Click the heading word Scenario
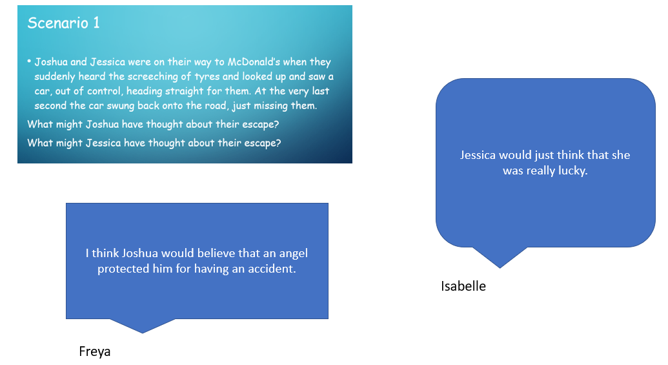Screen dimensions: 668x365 (58, 23)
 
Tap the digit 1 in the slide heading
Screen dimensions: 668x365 (96, 23)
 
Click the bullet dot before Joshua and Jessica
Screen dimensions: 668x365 (30, 61)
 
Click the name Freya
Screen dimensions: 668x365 (95, 351)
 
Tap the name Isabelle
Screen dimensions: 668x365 (463, 286)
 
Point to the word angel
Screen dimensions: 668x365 (293, 253)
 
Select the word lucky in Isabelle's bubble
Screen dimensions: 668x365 (573, 171)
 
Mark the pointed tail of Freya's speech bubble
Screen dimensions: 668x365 (143, 333)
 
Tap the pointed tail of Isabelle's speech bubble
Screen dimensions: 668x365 (500, 267)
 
